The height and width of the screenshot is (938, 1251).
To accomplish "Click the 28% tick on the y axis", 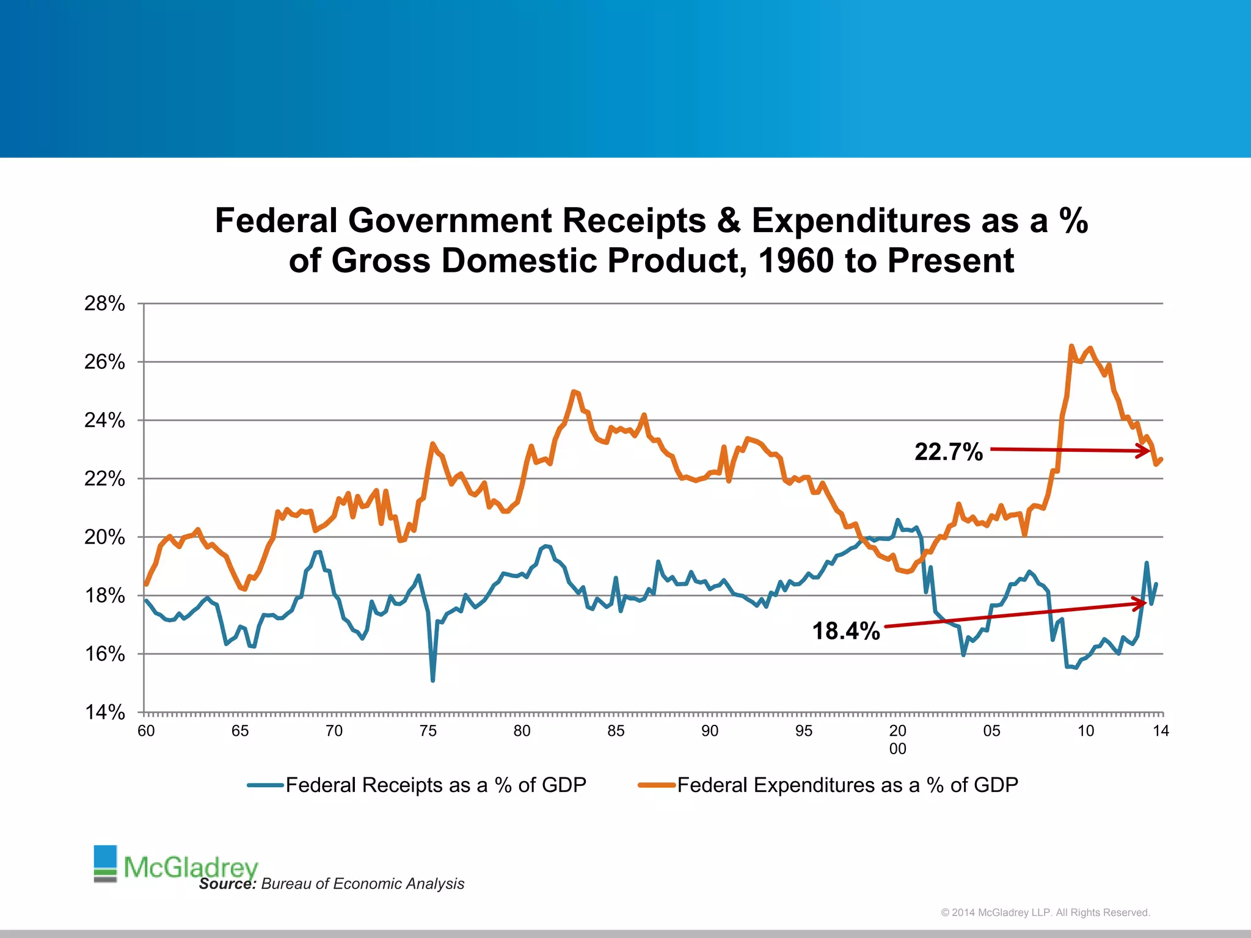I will [x=104, y=304].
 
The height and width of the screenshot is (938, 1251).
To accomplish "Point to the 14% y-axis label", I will [x=104, y=712].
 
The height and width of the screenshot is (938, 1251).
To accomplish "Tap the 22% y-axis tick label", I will [x=104, y=479].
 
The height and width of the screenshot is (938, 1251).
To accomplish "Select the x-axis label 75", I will [x=428, y=731].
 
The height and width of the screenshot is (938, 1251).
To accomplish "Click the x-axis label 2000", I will [x=897, y=740].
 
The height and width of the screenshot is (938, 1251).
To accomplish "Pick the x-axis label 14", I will [x=1161, y=731].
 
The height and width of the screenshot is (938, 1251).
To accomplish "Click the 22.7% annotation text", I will [x=949, y=452].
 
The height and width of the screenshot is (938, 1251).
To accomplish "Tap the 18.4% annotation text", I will [x=846, y=631].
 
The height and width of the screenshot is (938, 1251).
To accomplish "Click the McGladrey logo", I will [x=177, y=865].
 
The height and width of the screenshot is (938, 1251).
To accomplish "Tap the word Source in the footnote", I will [x=227, y=884].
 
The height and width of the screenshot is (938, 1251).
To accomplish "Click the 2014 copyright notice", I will [x=1045, y=912].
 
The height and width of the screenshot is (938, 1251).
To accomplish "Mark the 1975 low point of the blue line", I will [x=432, y=680].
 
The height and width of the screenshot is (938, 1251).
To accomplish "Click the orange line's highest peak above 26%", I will [x=1071, y=346].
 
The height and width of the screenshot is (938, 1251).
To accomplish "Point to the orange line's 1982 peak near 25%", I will [x=573, y=391].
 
